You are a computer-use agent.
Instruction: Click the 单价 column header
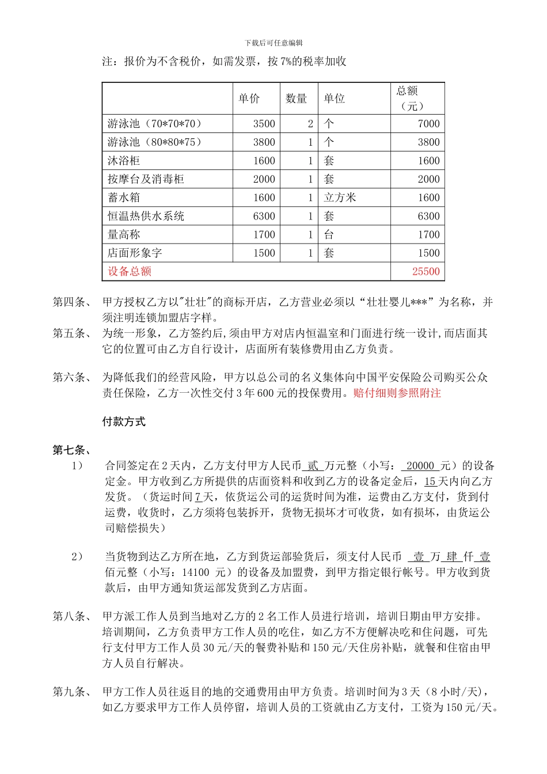(x=249, y=99)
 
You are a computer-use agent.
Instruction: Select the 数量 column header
(x=297, y=99)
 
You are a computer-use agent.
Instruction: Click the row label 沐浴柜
(x=124, y=161)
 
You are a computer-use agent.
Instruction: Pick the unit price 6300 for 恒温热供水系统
(x=264, y=216)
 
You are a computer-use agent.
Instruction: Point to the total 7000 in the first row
(x=428, y=124)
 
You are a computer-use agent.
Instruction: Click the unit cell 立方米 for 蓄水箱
(x=340, y=198)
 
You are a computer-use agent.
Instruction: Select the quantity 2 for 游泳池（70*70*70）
(x=310, y=124)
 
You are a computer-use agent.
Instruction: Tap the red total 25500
(x=426, y=272)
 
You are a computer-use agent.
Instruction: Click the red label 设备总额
(x=130, y=271)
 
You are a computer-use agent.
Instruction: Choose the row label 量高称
(x=124, y=234)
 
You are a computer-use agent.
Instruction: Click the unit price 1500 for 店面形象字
(x=264, y=253)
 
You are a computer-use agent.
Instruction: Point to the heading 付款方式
(x=124, y=422)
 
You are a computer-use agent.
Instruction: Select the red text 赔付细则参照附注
(x=397, y=393)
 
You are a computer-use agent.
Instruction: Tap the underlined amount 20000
(x=420, y=466)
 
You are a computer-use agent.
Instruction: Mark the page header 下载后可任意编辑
(x=273, y=43)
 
